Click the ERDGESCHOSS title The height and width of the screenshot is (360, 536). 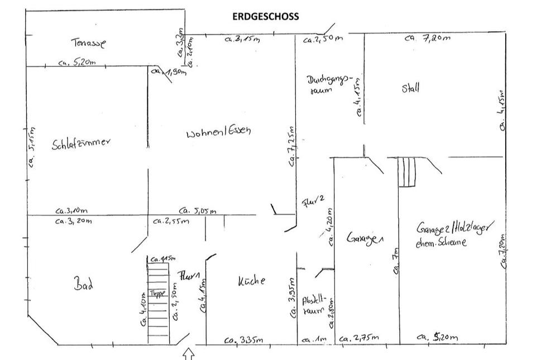pyautogui.click(x=265, y=16)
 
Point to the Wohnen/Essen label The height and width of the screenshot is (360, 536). pyautogui.click(x=219, y=133)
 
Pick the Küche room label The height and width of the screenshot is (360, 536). pyautogui.click(x=252, y=281)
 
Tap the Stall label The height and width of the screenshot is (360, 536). pyautogui.click(x=410, y=88)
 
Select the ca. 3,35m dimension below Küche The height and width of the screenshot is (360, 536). pyautogui.click(x=241, y=340)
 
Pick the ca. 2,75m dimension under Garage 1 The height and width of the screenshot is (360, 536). pyautogui.click(x=359, y=338)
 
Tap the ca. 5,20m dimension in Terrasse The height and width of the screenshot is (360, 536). pyautogui.click(x=76, y=63)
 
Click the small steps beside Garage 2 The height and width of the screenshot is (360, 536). pyautogui.click(x=407, y=172)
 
